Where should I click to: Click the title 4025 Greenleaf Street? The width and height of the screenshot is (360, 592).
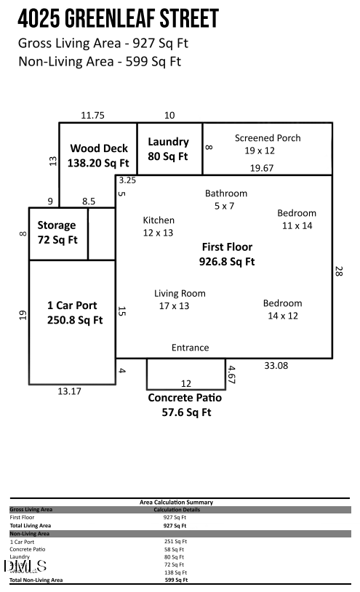tap(118, 18)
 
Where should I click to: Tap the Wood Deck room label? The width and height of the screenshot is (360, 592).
tap(98, 156)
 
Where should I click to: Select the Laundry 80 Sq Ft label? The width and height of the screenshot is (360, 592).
tap(168, 149)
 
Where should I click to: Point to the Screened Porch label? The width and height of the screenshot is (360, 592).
tap(267, 144)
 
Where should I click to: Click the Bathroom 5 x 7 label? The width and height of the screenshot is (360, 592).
tap(225, 199)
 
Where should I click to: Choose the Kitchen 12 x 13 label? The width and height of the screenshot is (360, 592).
tap(159, 226)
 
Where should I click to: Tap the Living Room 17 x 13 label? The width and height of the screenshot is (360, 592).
tap(180, 300)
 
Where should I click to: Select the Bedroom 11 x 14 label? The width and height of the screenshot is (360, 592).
tap(297, 219)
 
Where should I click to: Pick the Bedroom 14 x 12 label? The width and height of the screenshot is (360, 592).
tap(283, 309)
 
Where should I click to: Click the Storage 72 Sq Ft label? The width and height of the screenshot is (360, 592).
tap(57, 232)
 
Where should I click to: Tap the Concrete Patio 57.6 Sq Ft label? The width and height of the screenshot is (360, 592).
tap(185, 405)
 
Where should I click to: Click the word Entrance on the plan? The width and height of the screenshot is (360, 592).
tap(190, 348)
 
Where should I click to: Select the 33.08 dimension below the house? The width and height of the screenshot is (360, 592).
tap(276, 366)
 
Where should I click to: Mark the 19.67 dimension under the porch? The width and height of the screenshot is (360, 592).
tap(262, 168)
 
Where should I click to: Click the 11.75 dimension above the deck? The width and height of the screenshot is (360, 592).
tap(93, 115)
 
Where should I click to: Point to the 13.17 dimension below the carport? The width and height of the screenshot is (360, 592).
tap(70, 391)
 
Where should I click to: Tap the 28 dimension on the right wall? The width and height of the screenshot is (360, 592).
tap(339, 271)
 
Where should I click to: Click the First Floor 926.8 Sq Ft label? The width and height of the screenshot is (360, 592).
tap(227, 254)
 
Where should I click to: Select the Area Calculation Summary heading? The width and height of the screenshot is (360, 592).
tap(176, 502)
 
